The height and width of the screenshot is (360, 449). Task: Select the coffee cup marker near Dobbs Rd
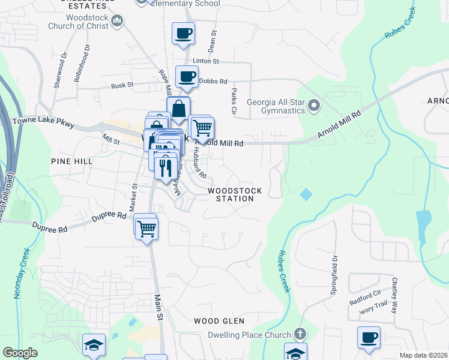187,77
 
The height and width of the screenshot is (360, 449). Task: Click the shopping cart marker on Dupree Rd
146,229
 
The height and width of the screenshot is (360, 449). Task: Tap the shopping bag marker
179,109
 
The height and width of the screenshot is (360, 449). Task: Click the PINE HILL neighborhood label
71,161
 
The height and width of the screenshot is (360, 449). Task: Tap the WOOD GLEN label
218,321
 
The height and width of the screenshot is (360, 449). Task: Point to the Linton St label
206,61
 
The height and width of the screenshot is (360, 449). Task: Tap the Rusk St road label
122,85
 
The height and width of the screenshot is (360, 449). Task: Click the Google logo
20,353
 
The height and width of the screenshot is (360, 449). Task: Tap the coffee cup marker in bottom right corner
368,337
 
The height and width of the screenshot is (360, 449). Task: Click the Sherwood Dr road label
63,73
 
